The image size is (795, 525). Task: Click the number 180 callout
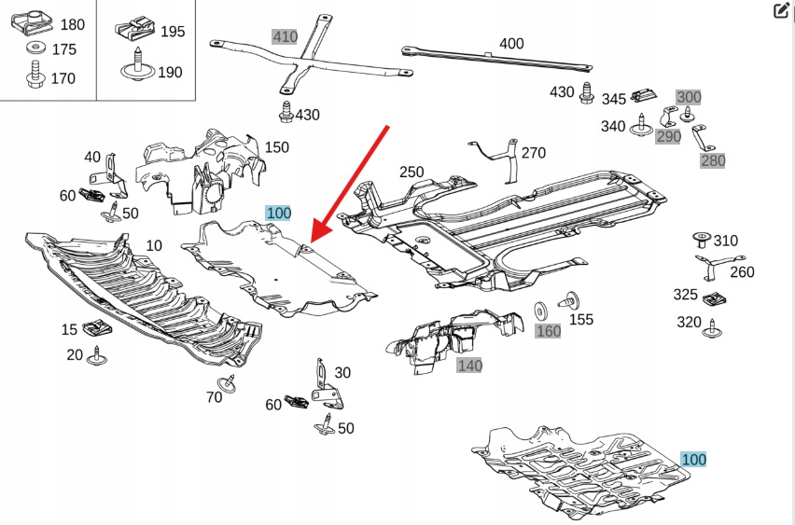71,23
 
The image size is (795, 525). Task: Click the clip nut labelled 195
136,31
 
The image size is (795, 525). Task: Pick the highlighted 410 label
285,36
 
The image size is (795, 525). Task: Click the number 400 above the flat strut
511,43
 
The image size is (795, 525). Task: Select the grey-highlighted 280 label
713,160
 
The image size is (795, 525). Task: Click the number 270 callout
533,153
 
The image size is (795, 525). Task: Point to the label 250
411,172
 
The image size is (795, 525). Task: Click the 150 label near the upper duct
276,146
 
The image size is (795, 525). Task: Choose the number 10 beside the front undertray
153,245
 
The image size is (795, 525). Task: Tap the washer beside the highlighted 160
539,311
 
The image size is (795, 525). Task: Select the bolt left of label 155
567,302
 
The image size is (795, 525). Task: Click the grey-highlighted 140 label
469,366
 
